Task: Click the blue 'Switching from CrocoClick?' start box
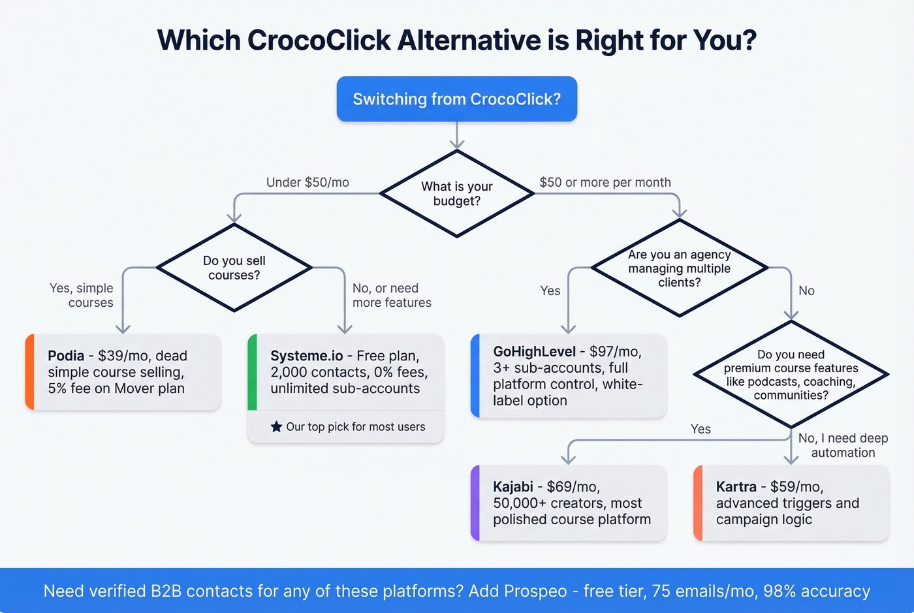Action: [x=456, y=99]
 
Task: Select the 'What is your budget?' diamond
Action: [x=456, y=194]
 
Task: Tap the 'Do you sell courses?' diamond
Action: [x=234, y=268]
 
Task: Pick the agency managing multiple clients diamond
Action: [x=679, y=268]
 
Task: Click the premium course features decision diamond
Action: [x=791, y=375]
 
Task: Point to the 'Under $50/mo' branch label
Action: [x=307, y=183]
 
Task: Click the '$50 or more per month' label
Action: [x=605, y=183]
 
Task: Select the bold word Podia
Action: [x=66, y=356]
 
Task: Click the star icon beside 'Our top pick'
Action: [x=276, y=427]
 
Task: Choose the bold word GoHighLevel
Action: [x=534, y=352]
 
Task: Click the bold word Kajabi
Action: [x=513, y=487]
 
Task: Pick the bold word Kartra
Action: [x=736, y=487]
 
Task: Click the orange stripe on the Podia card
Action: [x=29, y=372]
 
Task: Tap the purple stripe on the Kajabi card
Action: [x=475, y=503]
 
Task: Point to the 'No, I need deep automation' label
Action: [x=843, y=445]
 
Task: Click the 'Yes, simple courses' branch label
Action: [x=82, y=296]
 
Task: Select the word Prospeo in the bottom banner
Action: [x=535, y=591]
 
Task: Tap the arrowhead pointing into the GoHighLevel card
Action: [x=569, y=328]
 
